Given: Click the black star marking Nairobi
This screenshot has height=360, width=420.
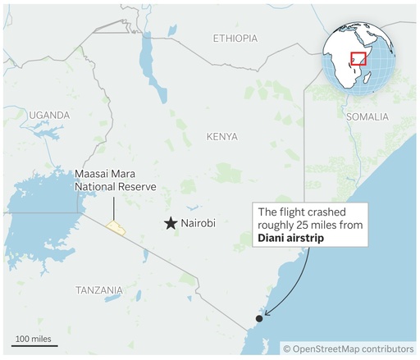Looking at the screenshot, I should (171, 223).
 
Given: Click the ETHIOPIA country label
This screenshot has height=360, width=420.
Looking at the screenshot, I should (235, 39).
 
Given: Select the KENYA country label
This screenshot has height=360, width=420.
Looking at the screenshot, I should (222, 136).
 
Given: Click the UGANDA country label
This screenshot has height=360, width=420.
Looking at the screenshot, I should (50, 116).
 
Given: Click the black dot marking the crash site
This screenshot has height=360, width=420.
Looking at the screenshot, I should (259, 318).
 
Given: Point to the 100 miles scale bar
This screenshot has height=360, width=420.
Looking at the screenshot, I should (34, 344).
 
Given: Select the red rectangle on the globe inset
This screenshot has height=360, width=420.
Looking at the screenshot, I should (358, 59).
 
